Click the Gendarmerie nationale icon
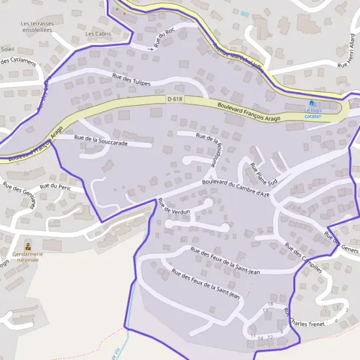point(28,247)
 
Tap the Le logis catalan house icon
point(311,103)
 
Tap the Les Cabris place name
point(98,34)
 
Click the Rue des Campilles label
point(304,257)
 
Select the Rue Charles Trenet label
point(304,319)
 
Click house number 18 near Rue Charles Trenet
point(270,304)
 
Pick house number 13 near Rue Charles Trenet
point(265,310)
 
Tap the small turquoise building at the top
point(244,13)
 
